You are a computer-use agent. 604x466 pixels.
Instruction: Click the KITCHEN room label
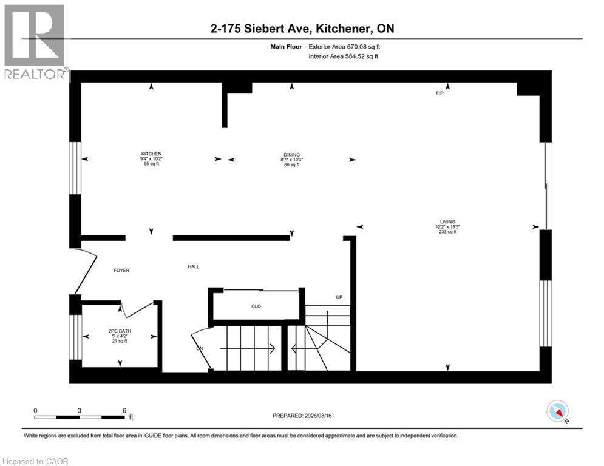click(x=151, y=154)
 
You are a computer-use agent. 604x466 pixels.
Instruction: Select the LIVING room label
click(x=448, y=222)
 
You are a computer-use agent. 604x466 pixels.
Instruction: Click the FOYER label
click(x=121, y=270)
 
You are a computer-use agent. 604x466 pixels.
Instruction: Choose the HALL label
click(x=193, y=266)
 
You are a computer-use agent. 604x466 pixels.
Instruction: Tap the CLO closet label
click(x=256, y=306)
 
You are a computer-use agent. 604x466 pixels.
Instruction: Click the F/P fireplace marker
click(x=440, y=93)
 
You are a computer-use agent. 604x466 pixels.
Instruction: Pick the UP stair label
click(x=339, y=297)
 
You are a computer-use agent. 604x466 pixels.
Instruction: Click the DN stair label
click(x=200, y=349)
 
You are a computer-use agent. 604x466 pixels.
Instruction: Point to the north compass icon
click(x=557, y=411)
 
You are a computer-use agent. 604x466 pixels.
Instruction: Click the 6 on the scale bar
click(x=124, y=410)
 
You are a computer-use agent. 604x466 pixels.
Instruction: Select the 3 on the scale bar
click(x=80, y=410)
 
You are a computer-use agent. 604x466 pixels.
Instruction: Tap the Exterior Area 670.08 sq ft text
click(x=345, y=46)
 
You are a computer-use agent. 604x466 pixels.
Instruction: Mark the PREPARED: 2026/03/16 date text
click(x=303, y=416)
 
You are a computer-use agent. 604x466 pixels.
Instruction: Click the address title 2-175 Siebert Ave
click(x=302, y=29)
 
